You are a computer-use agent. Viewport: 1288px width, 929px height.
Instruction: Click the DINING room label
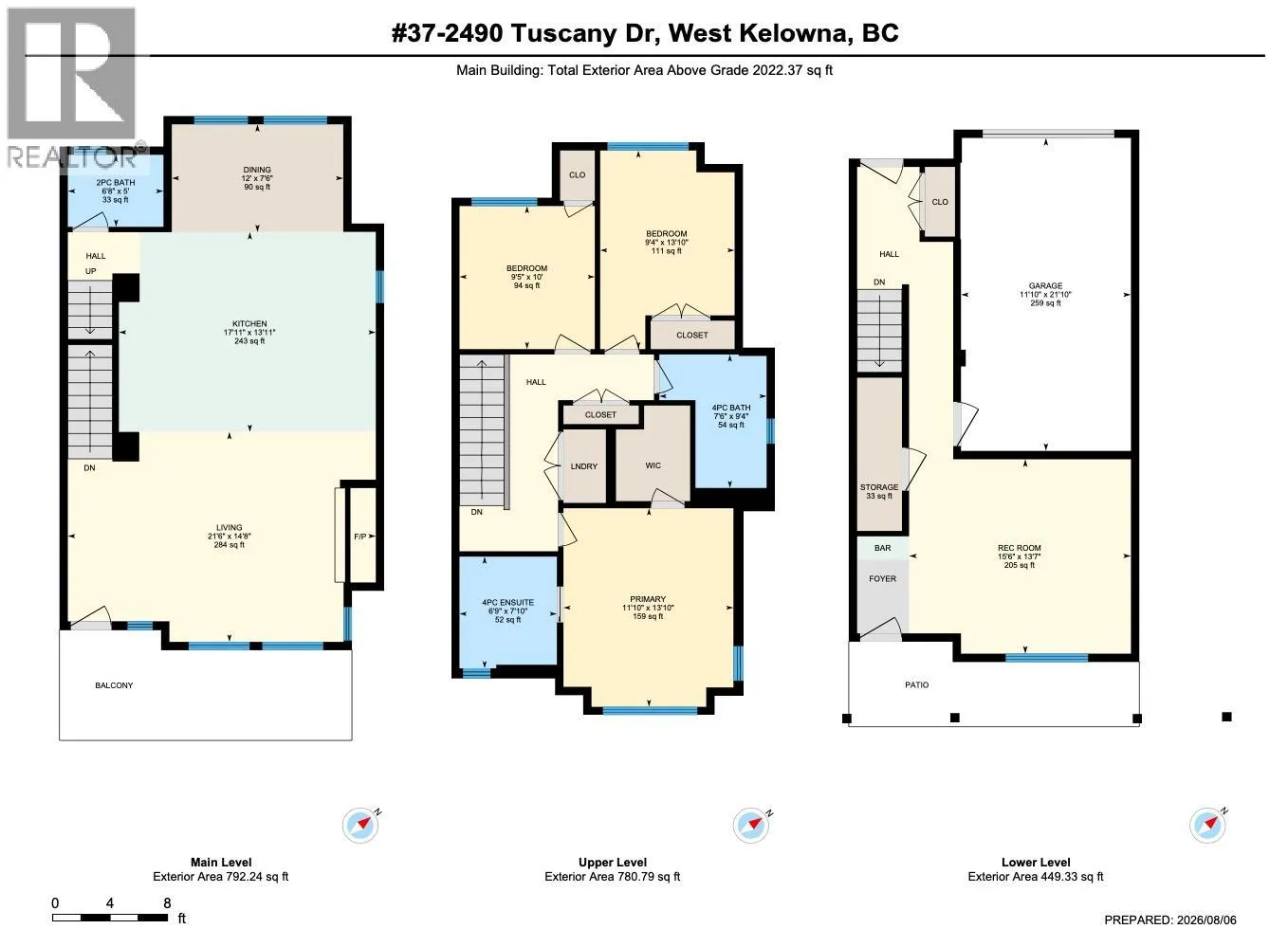(256, 170)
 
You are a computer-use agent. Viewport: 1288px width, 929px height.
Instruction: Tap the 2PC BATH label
(116, 182)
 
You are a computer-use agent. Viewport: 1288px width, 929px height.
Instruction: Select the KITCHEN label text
(249, 323)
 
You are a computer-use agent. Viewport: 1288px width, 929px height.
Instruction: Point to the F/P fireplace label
(360, 537)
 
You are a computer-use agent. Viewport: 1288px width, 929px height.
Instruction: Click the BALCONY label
(114, 685)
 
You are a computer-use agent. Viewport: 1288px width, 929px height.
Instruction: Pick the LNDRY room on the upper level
(584, 466)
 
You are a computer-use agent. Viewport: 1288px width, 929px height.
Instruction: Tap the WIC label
(653, 465)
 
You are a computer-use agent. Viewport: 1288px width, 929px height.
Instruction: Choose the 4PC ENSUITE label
(507, 603)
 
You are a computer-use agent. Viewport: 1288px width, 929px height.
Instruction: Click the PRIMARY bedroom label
(648, 599)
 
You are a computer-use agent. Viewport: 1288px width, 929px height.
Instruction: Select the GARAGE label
(1045, 285)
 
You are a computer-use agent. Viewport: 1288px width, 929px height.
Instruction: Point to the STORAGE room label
(879, 487)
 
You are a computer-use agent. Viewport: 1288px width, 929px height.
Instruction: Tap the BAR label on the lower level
(883, 548)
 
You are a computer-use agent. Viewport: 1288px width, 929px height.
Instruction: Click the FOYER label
(883, 579)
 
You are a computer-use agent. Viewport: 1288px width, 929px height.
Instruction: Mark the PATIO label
(916, 684)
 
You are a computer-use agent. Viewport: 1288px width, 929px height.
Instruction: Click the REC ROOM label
(1020, 548)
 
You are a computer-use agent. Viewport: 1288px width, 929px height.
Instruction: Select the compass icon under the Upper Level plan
(751, 826)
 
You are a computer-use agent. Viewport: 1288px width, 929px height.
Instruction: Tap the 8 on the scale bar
(167, 903)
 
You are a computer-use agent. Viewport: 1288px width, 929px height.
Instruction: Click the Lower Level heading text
(1036, 863)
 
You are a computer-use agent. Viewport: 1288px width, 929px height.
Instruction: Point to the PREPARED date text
(1170, 920)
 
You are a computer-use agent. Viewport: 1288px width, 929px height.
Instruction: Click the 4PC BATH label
(731, 408)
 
